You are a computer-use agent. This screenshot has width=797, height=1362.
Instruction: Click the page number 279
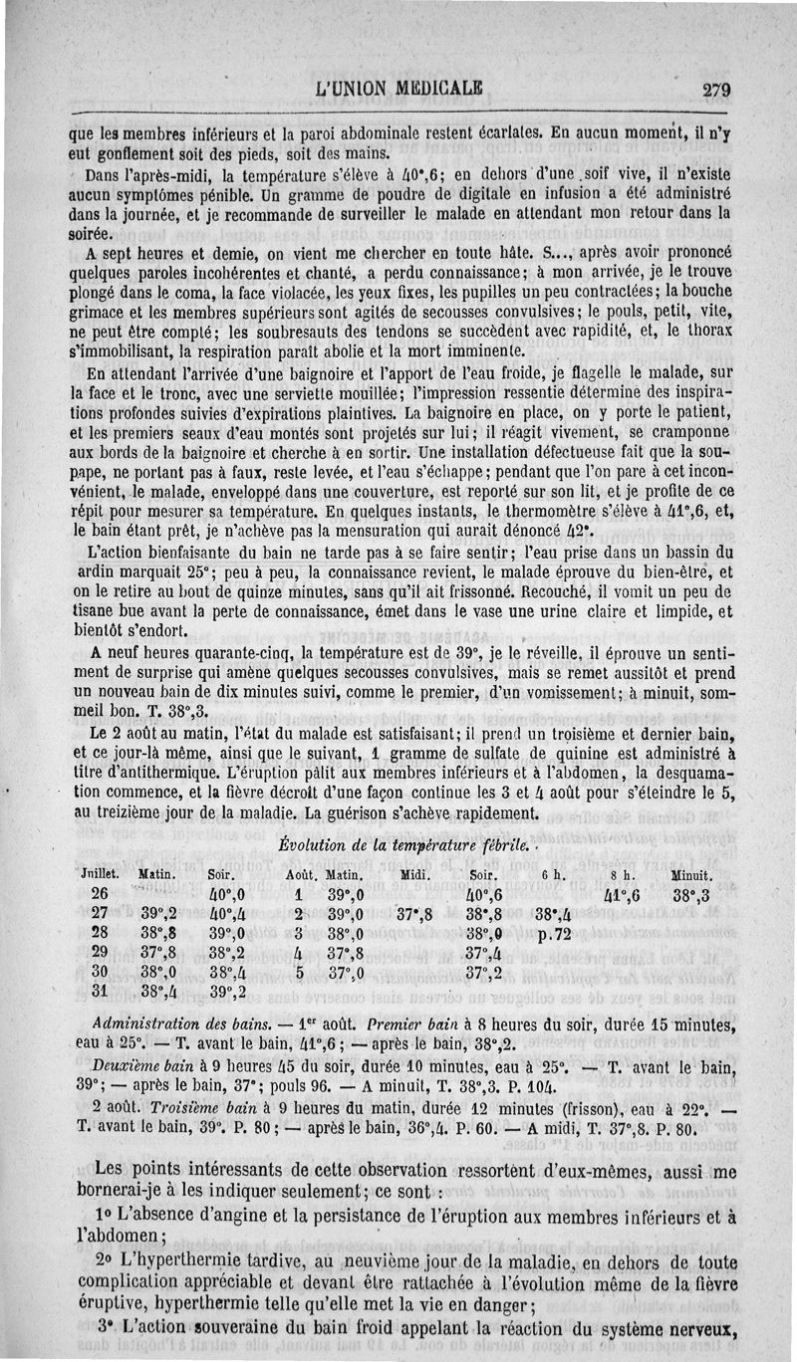click(716, 89)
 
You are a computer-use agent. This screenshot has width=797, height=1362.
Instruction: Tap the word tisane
click(96, 612)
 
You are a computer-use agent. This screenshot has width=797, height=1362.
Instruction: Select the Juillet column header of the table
click(100, 875)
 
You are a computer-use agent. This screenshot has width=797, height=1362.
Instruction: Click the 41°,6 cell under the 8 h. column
click(623, 894)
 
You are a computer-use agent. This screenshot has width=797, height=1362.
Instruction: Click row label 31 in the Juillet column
click(99, 992)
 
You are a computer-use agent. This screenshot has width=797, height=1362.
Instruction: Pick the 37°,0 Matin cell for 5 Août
click(345, 973)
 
